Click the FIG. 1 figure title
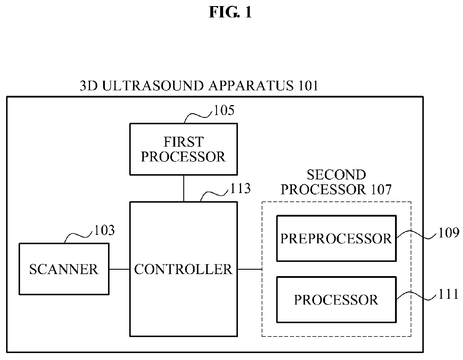[230, 12]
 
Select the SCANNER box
[64, 269]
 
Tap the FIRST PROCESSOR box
[184, 149]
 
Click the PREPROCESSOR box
[336, 238]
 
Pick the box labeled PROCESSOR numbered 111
[336, 300]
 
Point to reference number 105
[224, 110]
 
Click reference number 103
[104, 230]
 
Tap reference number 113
[240, 188]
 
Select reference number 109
[449, 233]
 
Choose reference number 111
[448, 294]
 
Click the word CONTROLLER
[183, 269]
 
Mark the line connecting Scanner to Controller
[120, 269]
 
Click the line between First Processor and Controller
[184, 188]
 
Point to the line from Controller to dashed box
[250, 269]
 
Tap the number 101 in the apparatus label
[308, 86]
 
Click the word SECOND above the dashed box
[336, 175]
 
